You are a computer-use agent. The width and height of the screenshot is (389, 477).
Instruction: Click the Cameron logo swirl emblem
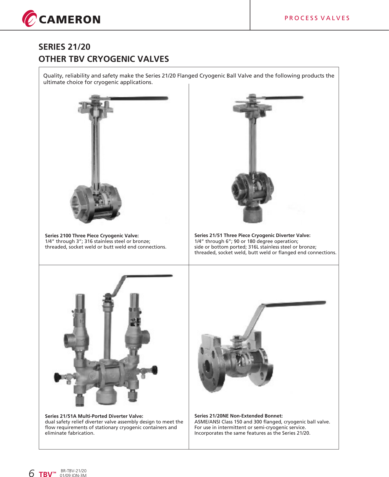29,19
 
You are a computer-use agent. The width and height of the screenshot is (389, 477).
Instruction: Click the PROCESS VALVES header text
317,18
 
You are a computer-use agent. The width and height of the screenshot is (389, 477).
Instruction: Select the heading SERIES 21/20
64,47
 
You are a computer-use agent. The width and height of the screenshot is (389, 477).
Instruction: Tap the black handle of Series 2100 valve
139,98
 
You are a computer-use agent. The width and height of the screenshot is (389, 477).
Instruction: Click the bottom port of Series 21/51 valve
253,214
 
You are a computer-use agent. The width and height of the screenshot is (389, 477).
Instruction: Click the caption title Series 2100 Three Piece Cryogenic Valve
92,236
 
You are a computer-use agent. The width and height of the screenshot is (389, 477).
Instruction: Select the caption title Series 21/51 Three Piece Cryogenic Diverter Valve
252,235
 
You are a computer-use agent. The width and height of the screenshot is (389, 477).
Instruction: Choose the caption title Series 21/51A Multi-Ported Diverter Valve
94,416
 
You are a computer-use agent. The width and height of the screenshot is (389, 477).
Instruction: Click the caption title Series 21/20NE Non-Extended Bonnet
238,416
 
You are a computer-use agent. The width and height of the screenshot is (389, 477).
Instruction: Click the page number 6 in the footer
31,473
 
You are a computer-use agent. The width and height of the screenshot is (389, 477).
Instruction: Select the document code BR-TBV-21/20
73,471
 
